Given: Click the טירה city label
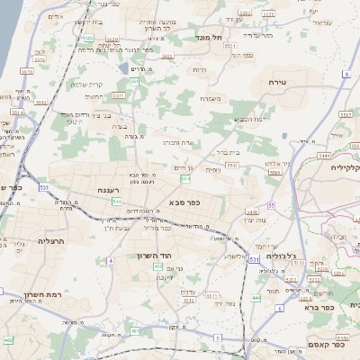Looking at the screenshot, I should (x=277, y=82).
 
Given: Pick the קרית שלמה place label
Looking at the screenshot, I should (x=86, y=85).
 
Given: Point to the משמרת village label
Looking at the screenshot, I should (x=211, y=98).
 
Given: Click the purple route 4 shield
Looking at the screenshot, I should (x=110, y=260).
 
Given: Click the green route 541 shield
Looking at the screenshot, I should (x=117, y=201).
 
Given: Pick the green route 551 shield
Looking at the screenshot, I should (x=134, y=82).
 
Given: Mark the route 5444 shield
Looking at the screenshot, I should (x=322, y=156).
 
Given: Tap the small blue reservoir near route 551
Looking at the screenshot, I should (x=123, y=67).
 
